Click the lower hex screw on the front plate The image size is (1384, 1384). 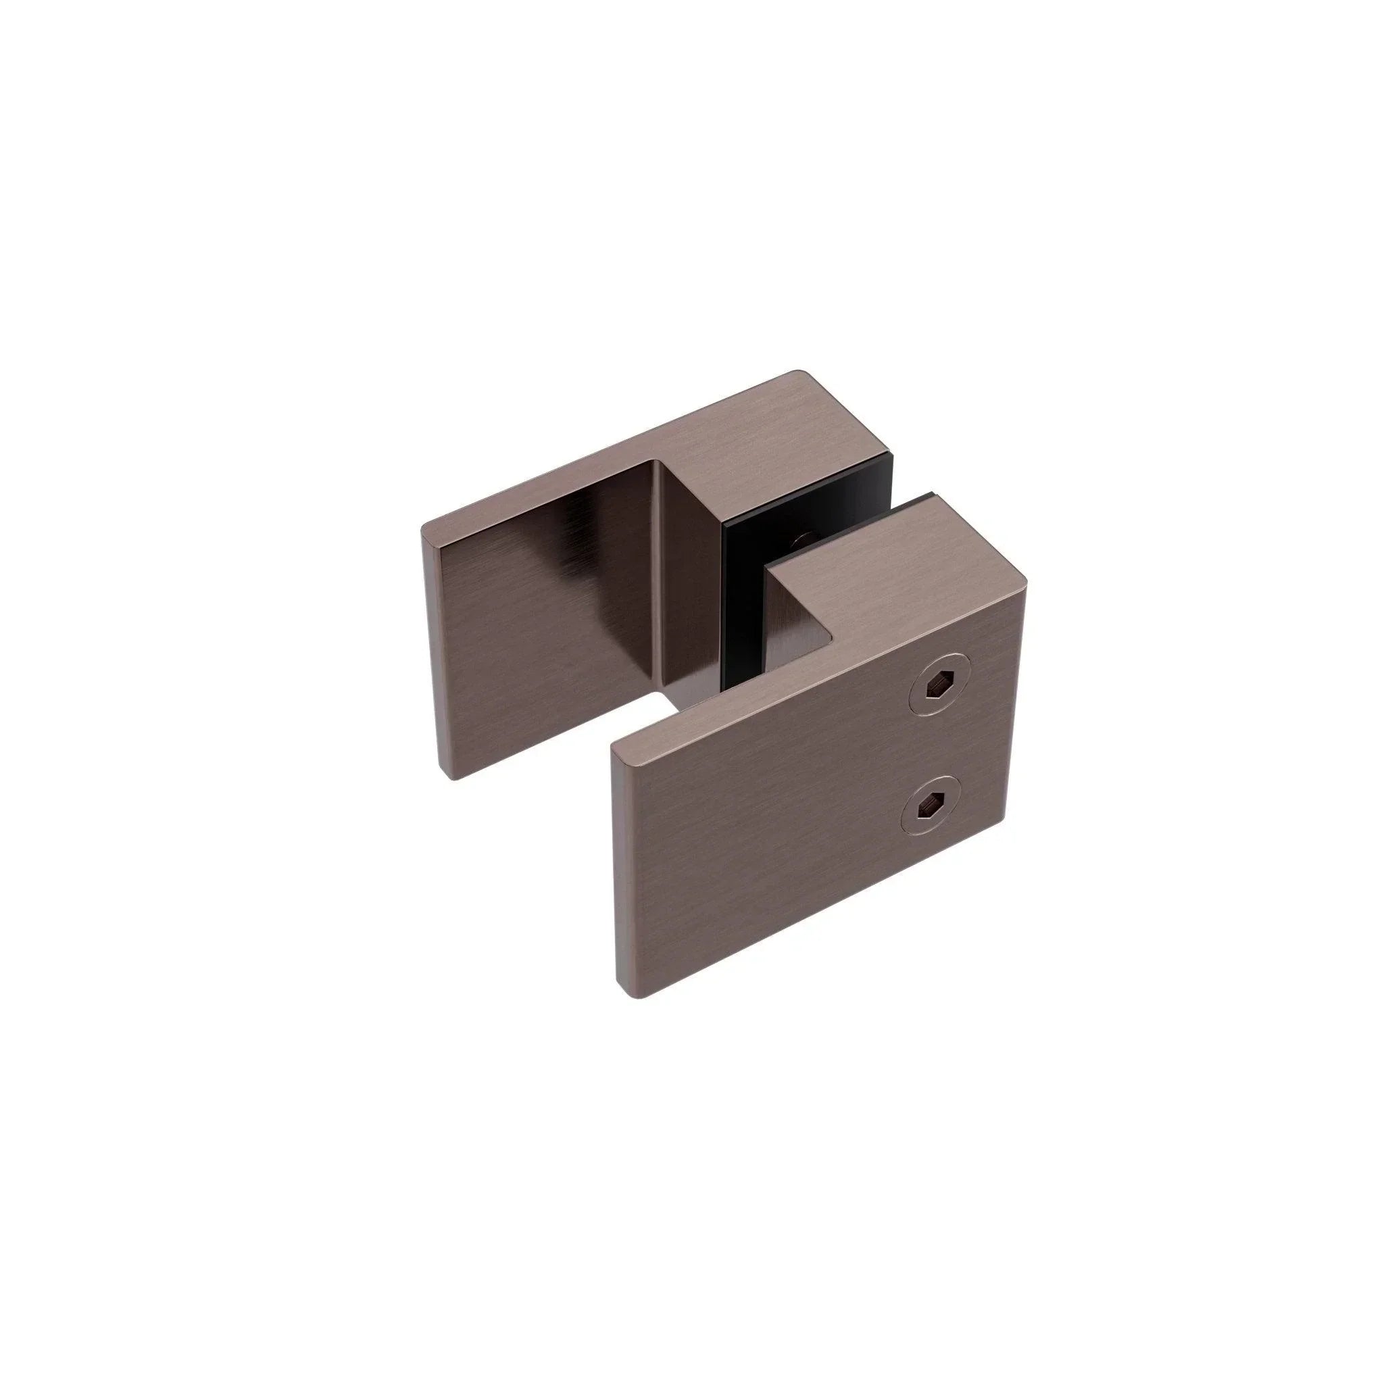929,808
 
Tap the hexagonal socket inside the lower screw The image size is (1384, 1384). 929,808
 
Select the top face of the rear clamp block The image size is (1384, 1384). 774,437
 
